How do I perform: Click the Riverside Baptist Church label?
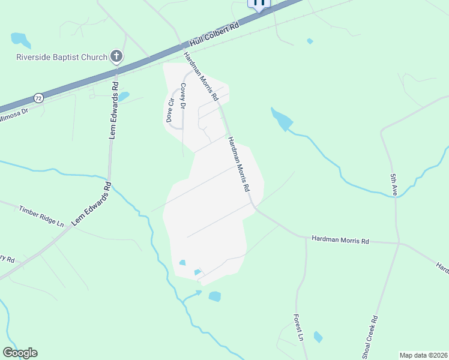click(x=62, y=58)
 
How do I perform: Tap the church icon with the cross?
click(x=116, y=58)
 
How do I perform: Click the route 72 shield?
click(x=39, y=97)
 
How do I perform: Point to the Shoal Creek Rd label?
click(x=370, y=335)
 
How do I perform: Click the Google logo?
click(x=20, y=353)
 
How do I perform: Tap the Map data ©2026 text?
click(x=424, y=355)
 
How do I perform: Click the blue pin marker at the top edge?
click(x=259, y=4)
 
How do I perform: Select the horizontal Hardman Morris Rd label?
click(x=340, y=239)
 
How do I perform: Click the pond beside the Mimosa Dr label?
click(x=123, y=96)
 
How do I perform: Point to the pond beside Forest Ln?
click(x=318, y=337)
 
